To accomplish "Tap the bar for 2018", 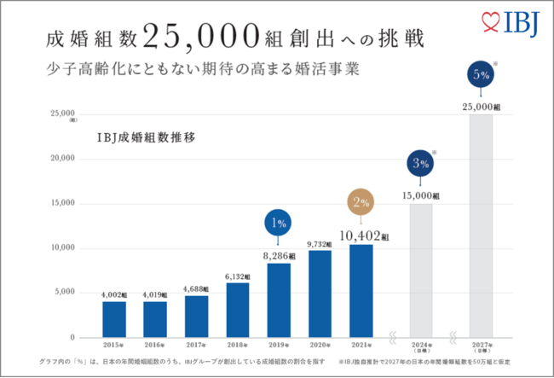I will [238, 309].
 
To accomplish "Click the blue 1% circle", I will [280, 224].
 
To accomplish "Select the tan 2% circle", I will [361, 203].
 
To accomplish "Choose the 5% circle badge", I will [480, 75].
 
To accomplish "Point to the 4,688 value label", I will [196, 288].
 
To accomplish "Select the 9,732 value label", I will [320, 244].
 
